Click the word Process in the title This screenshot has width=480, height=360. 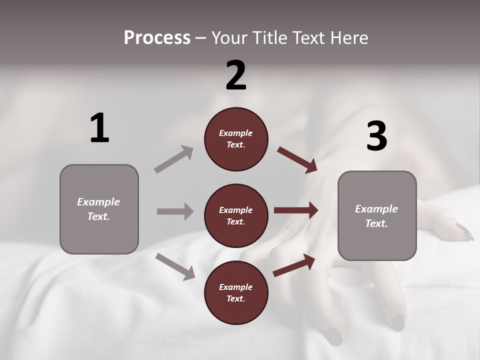157,38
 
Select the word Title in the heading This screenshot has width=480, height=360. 270,38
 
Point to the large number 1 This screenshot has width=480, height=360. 99,128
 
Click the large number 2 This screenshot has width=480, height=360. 236,75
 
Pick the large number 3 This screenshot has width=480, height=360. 376,136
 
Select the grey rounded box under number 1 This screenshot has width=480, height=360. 99,209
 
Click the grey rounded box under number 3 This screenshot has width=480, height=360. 377,215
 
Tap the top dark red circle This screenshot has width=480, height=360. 236,139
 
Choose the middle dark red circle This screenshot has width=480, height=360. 236,215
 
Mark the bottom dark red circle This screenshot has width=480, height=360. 236,292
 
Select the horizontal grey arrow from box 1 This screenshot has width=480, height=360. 175,211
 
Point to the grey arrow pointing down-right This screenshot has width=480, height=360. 175,266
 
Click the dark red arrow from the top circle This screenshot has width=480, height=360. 297,160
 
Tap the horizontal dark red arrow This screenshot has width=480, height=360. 296,210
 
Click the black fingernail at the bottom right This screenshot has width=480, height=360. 397,322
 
